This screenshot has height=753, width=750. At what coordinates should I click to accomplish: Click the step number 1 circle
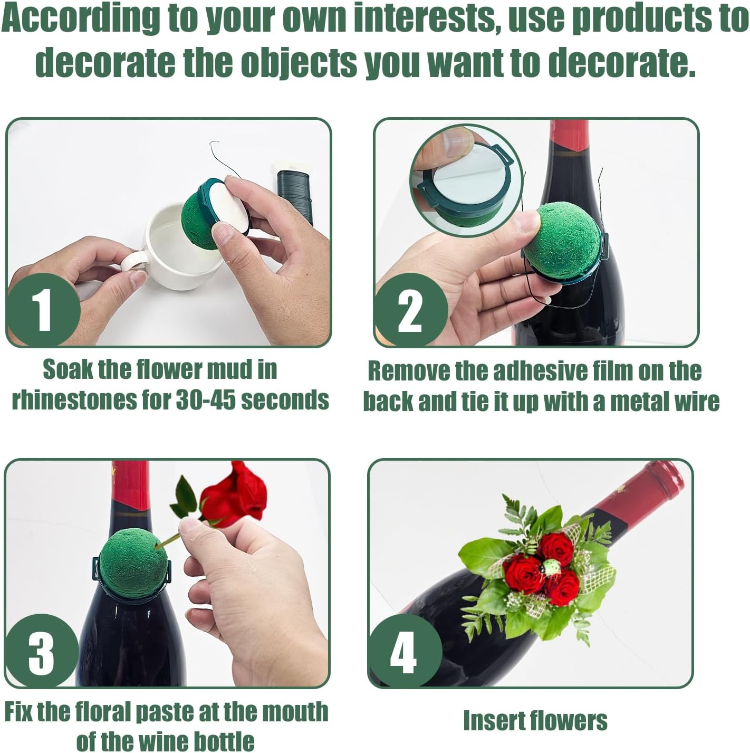point(44,310)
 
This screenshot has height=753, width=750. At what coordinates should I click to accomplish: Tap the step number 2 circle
point(410,310)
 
